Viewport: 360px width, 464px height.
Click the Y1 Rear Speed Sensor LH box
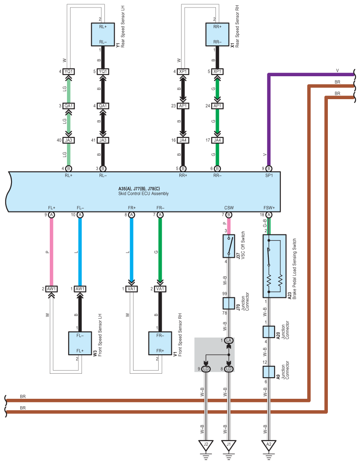click(103, 34)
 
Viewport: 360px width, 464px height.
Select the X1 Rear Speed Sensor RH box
click(217, 34)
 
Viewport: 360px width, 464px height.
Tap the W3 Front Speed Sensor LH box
click(80, 343)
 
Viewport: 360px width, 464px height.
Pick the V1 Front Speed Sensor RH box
click(160, 343)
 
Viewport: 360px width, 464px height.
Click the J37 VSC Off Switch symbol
click(229, 246)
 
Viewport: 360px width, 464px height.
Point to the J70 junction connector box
click(229, 303)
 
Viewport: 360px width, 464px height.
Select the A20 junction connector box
click(269, 332)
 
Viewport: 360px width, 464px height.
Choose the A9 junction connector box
click(269, 372)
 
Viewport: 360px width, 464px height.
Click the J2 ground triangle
click(206, 445)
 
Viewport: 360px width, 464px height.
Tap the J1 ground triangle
click(229, 445)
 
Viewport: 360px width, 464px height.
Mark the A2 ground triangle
click(269, 445)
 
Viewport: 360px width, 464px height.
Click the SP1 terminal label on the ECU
click(269, 175)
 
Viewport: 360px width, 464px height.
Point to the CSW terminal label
click(229, 208)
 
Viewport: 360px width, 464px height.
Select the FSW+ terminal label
click(269, 208)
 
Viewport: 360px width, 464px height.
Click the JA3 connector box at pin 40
click(68, 140)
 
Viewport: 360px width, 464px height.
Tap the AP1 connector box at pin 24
click(217, 106)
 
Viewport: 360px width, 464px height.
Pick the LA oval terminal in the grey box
click(229, 341)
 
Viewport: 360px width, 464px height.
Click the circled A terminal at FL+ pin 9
click(52, 215)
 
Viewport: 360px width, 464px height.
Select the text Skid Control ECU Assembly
click(144, 193)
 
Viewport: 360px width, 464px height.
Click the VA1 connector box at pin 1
click(132, 289)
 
